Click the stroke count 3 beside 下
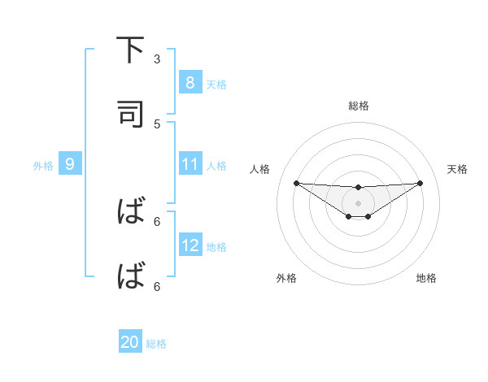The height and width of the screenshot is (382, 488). [157, 59]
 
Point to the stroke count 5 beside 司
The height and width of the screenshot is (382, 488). [157, 124]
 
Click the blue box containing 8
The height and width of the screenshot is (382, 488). [190, 82]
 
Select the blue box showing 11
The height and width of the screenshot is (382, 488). [190, 164]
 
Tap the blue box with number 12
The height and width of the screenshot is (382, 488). [190, 245]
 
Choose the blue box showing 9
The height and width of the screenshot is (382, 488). [70, 164]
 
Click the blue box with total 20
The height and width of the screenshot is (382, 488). [130, 342]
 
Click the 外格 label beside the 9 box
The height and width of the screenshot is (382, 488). [43, 166]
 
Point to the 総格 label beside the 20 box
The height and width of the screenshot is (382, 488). [156, 344]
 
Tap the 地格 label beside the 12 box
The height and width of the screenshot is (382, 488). [216, 247]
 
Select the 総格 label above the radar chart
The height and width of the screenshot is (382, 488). [358, 106]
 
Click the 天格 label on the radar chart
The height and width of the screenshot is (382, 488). [457, 169]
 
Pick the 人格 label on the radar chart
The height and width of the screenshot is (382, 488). [260, 169]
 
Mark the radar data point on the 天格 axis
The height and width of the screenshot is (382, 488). [420, 183]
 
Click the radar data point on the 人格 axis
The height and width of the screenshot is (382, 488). [296, 183]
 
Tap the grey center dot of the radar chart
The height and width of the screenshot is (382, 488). [358, 202]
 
